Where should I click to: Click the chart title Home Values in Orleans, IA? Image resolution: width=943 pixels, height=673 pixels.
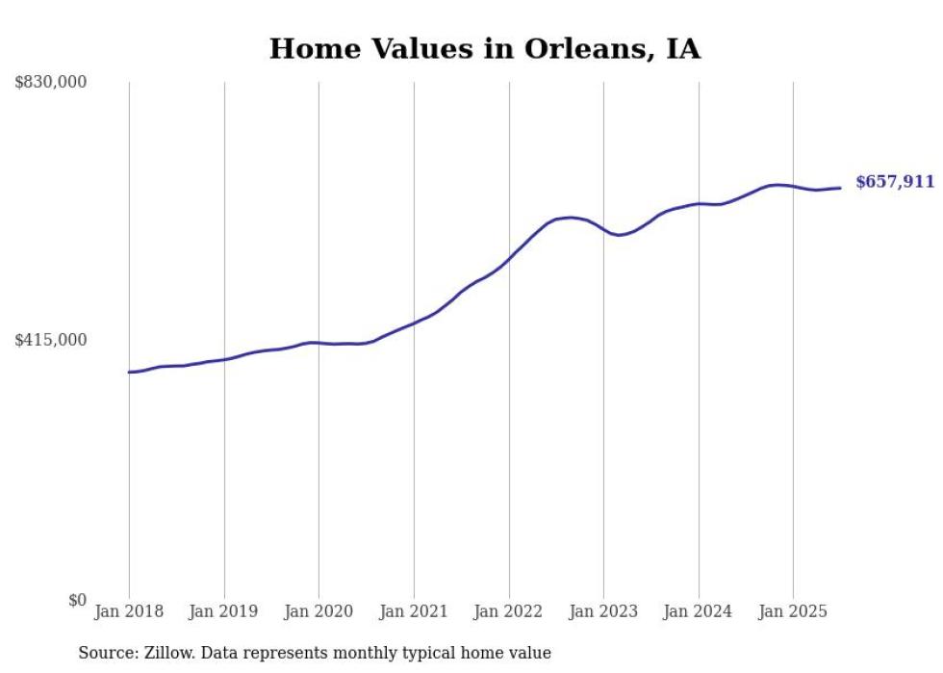(x=484, y=49)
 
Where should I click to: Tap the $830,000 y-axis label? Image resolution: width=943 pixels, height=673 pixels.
(x=51, y=83)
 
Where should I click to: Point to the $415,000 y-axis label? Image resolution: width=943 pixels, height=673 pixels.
(x=51, y=340)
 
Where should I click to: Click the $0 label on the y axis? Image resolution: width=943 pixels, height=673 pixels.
(x=77, y=600)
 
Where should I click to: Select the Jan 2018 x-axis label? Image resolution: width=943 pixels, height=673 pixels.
(x=129, y=611)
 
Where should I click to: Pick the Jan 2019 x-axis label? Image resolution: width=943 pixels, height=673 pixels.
(x=224, y=611)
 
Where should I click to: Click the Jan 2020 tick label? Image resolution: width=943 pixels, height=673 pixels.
(x=319, y=611)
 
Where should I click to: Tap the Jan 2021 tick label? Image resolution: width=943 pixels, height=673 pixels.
(x=414, y=611)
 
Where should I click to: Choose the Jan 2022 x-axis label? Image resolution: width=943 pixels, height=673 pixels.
(x=509, y=611)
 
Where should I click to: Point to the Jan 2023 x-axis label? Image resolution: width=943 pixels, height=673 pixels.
(x=603, y=611)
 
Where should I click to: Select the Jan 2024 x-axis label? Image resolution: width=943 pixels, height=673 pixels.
(x=699, y=611)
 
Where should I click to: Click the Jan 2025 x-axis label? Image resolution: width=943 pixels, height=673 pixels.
(x=793, y=611)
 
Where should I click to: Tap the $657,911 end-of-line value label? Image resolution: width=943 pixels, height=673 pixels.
(x=895, y=181)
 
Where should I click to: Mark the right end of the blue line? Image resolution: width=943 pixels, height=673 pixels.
(x=841, y=188)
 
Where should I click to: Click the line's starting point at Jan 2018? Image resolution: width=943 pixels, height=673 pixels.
(x=129, y=372)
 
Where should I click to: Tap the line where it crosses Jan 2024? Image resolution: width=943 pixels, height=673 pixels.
(x=699, y=204)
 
